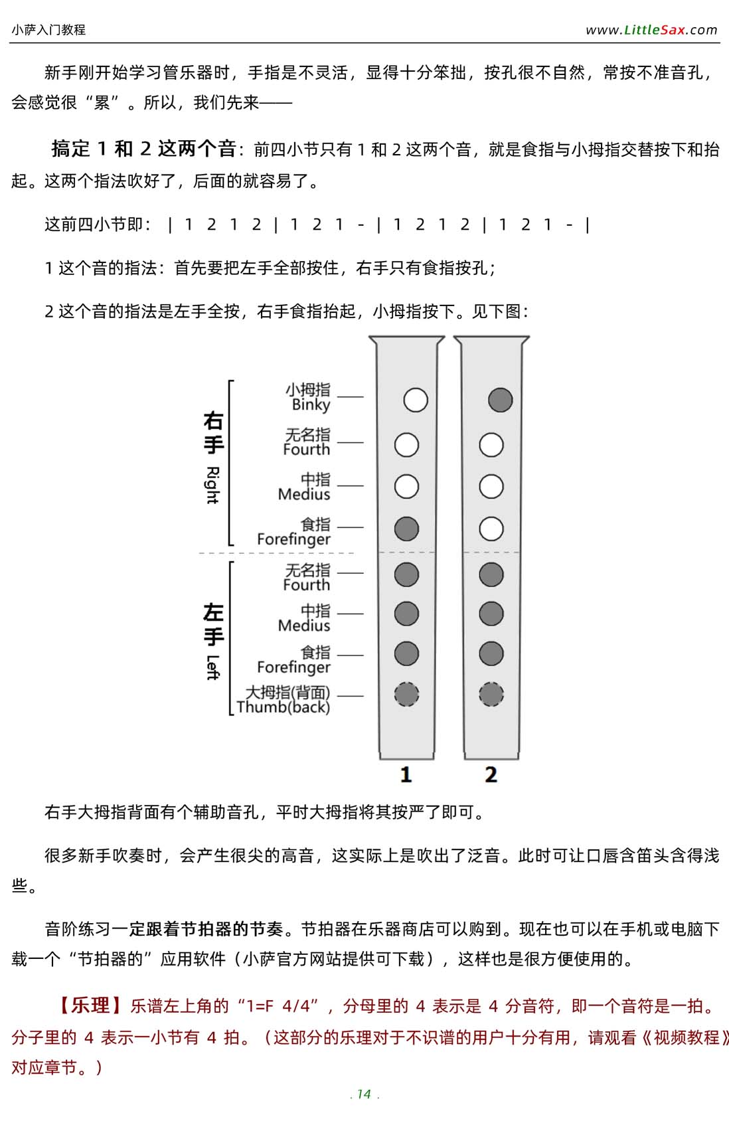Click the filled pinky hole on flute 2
(x=500, y=400)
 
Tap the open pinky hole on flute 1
(x=416, y=400)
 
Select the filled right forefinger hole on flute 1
(x=406, y=529)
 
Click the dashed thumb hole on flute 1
(x=406, y=695)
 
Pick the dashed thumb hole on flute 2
(x=491, y=695)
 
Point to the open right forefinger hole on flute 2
(x=491, y=529)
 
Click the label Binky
(x=311, y=404)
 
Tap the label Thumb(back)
(x=283, y=707)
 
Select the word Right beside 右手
(x=212, y=485)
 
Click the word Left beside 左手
(x=212, y=667)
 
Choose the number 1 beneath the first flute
(x=406, y=774)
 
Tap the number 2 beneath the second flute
(x=491, y=774)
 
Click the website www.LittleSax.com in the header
(x=651, y=30)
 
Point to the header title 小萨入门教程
(x=48, y=30)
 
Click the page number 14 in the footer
(x=364, y=1094)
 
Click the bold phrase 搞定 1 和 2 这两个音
(x=143, y=149)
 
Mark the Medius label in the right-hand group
(x=304, y=494)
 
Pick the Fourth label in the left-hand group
(x=306, y=585)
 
